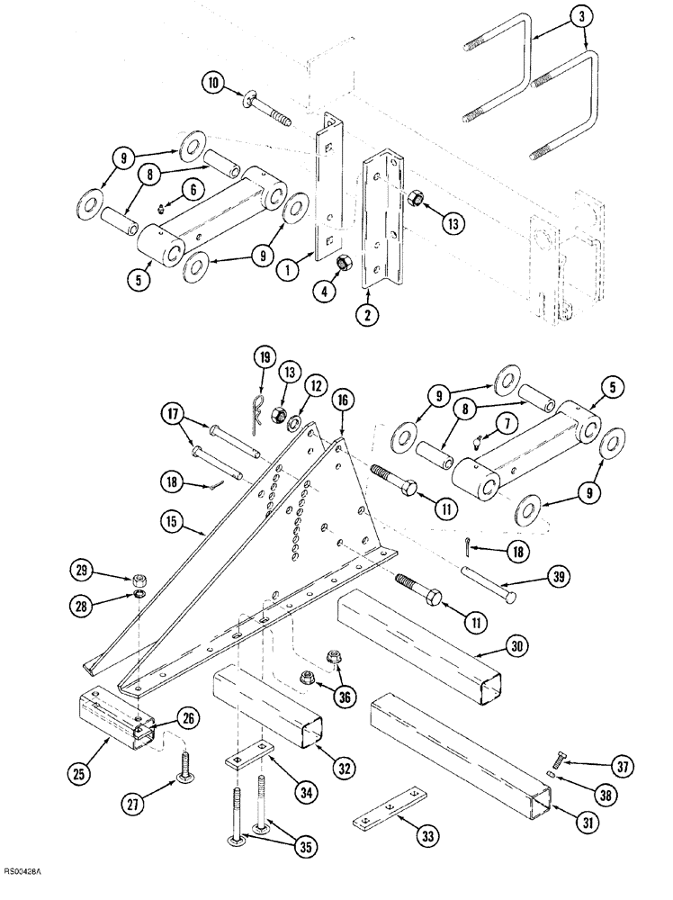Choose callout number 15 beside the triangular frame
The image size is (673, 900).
tap(173, 520)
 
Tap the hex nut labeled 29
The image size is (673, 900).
tap(140, 577)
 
